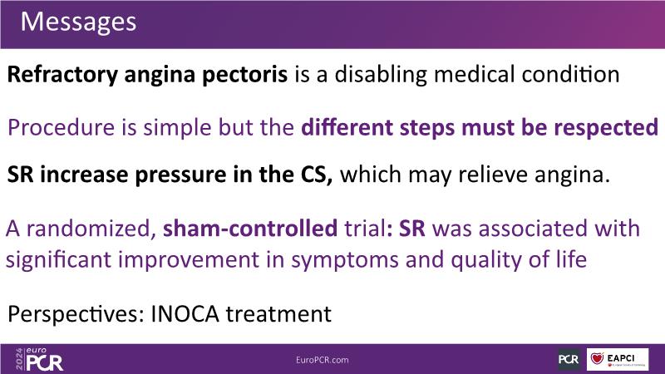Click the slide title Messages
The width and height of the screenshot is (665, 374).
point(78,22)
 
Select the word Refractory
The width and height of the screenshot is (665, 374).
point(62,75)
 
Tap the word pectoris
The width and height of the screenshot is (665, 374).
point(244,75)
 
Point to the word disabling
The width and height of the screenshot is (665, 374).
point(381,75)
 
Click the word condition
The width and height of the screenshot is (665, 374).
point(570,74)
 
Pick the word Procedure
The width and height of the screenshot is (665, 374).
point(61,127)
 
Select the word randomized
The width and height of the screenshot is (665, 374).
point(89,228)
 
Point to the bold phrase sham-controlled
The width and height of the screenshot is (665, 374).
point(250,228)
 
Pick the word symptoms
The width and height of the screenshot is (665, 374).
point(345,260)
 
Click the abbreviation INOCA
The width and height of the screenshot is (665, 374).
point(185,314)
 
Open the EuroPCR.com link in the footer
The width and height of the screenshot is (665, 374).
point(323,360)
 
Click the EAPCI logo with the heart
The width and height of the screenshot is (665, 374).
point(618,359)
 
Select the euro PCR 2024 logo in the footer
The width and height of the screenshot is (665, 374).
point(39,359)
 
